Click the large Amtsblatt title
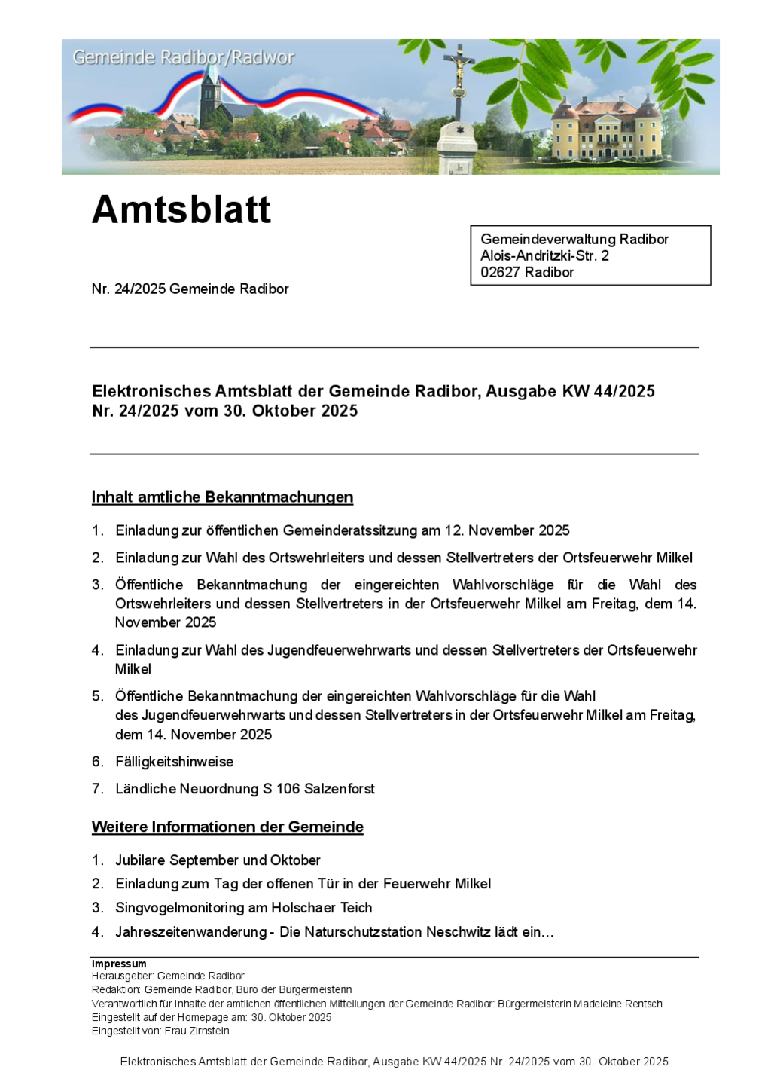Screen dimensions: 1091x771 (x=181, y=209)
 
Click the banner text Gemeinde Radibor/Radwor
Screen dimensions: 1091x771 (x=183, y=57)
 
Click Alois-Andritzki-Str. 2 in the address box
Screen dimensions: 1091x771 (x=544, y=255)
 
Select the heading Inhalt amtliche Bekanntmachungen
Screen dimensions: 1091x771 (x=222, y=497)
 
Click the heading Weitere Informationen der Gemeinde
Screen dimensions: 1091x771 (x=227, y=827)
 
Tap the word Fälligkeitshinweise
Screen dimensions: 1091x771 (x=174, y=762)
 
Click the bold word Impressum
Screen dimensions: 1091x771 (x=119, y=964)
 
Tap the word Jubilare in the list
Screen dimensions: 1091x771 (x=140, y=860)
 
